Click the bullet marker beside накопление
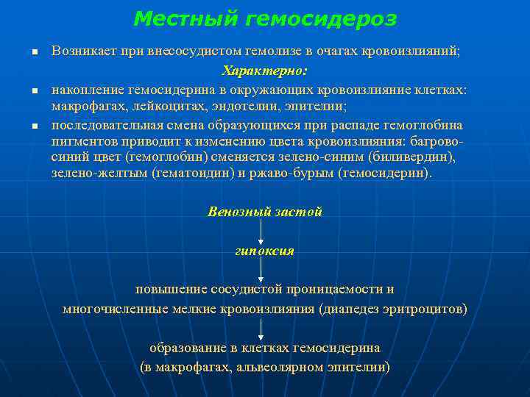(x=34, y=91)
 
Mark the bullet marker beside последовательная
(x=34, y=127)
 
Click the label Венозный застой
(x=265, y=212)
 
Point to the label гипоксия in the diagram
(x=265, y=251)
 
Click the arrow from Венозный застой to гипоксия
(x=261, y=232)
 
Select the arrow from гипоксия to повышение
(x=261, y=269)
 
